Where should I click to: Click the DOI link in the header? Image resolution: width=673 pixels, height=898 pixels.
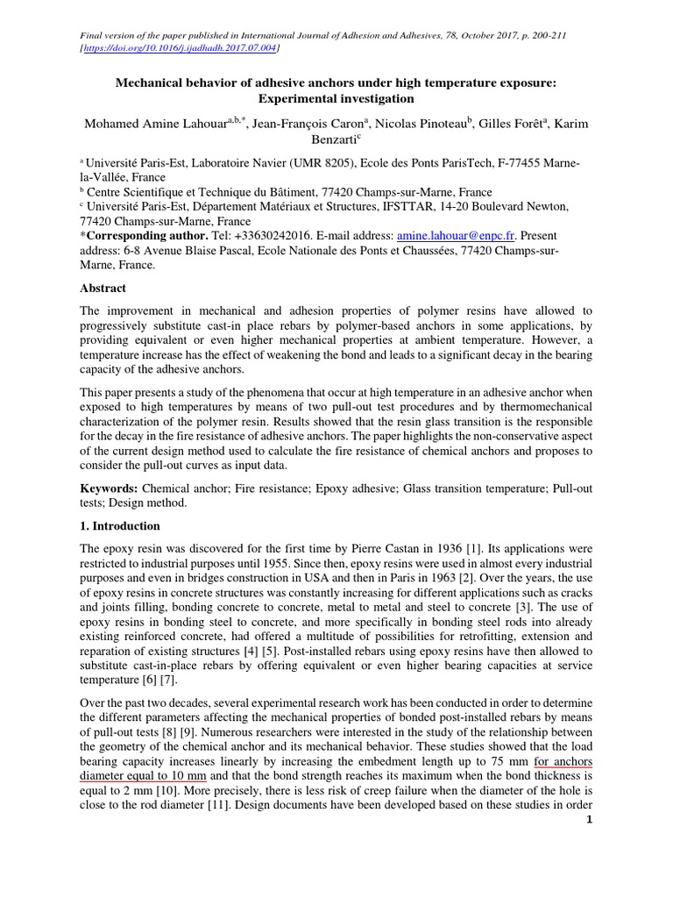click(180, 48)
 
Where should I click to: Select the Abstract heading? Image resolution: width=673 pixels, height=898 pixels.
click(103, 288)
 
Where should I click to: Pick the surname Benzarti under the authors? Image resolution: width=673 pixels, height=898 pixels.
click(334, 139)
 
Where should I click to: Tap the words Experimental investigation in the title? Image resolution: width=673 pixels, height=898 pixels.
click(336, 98)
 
